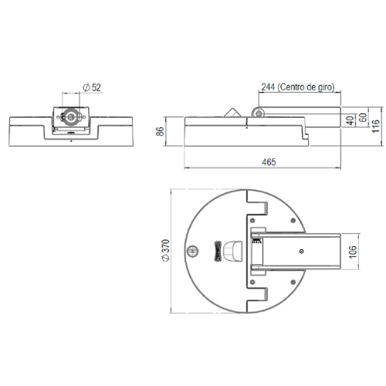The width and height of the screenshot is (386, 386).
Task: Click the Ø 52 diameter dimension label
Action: point(92,87)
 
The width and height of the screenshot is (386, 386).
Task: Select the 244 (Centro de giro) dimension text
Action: point(298,87)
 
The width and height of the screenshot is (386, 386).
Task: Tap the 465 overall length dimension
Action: point(269,162)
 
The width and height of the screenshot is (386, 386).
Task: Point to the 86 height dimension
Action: point(160,131)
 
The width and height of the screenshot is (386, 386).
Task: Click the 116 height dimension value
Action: point(376,126)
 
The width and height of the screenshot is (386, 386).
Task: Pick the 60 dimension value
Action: point(363,117)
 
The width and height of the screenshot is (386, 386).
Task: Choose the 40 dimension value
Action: point(350,120)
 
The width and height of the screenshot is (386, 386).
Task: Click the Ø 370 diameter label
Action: point(166,250)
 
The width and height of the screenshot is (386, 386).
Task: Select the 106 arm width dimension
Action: point(353,252)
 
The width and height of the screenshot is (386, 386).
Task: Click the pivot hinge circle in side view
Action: point(259,113)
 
